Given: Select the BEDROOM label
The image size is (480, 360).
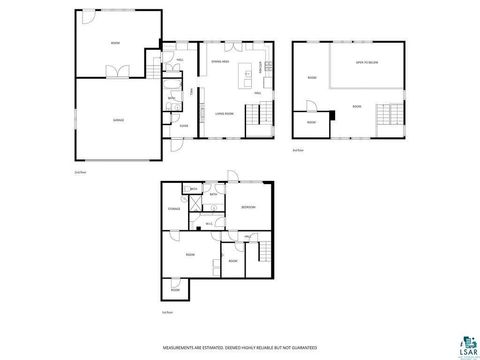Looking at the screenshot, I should (248, 207).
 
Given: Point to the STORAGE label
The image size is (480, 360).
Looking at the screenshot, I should (174, 208).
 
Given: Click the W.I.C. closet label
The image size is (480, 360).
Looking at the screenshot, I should (209, 222).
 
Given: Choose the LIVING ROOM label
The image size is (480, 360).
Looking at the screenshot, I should (224, 114).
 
